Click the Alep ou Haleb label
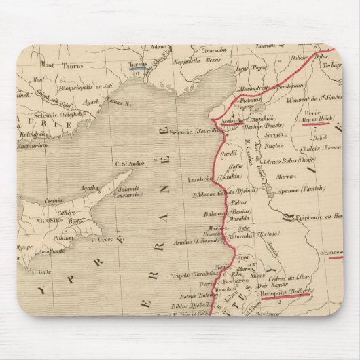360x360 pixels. click(315, 122)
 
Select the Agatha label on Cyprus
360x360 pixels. click(89, 189)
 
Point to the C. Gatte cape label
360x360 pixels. click(40, 270)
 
